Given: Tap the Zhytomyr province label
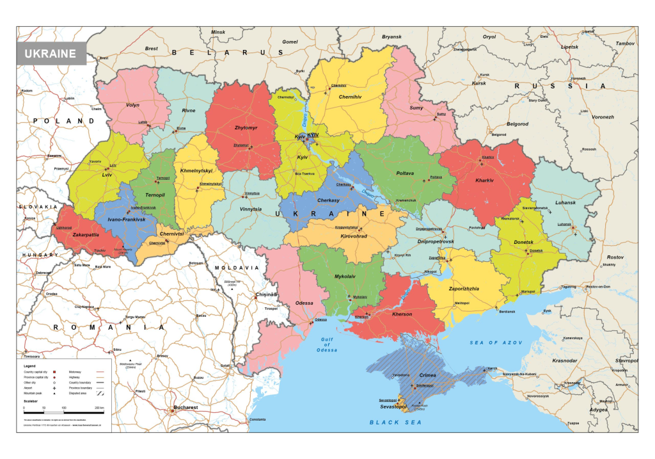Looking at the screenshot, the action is (x=246, y=128).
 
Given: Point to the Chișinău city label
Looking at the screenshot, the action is (x=265, y=295).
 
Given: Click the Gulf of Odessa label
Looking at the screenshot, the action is (x=326, y=344).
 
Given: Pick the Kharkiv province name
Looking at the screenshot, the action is (x=485, y=181).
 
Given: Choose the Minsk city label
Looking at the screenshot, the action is (x=218, y=32).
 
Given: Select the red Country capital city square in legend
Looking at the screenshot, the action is (x=54, y=371).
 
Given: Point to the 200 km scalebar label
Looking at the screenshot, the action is (x=99, y=408).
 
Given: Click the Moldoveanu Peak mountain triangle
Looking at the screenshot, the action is (x=130, y=360).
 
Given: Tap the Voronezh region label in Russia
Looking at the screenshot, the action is (x=603, y=117).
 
